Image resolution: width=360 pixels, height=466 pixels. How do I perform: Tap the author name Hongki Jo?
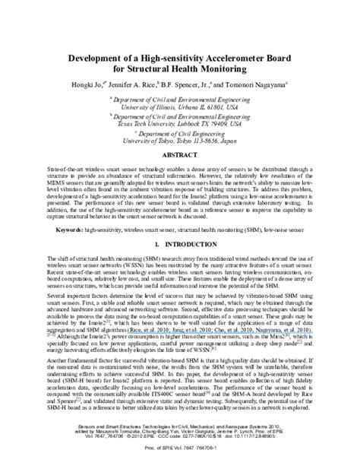pos(90,87)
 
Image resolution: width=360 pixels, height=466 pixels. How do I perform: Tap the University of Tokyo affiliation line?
pos(180,141)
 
